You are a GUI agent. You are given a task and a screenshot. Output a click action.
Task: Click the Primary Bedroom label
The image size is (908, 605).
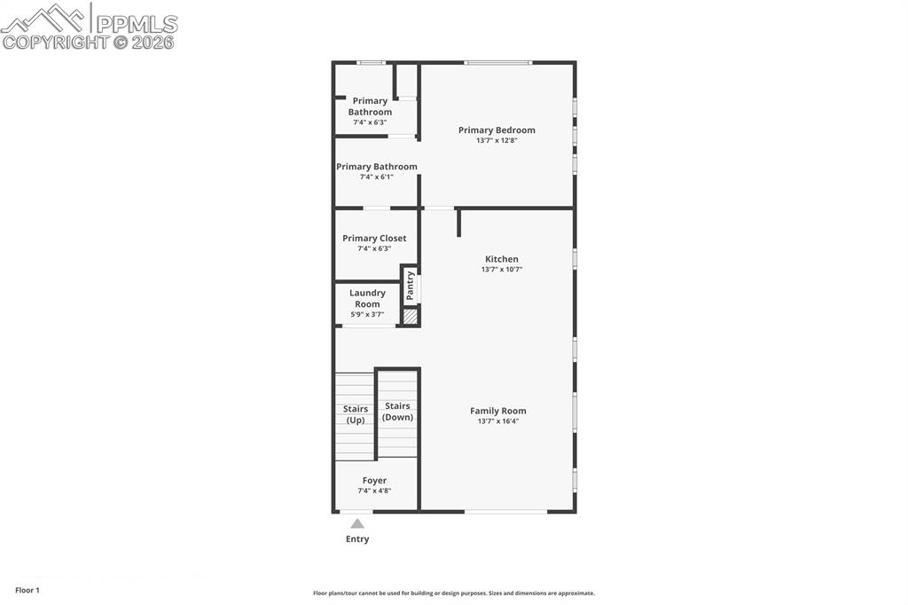tap(497, 130)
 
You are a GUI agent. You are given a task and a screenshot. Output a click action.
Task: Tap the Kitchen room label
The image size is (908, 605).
tap(502, 259)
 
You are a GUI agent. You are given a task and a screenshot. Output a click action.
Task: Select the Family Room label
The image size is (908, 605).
tap(497, 411)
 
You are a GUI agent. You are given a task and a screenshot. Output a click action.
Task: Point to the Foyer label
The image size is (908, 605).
tap(374, 481)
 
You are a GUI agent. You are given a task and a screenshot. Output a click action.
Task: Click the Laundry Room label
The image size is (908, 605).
tap(367, 298)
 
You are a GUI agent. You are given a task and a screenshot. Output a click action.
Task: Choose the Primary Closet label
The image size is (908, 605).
tap(374, 239)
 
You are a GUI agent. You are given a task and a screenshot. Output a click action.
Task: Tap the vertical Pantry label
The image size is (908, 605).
tap(411, 285)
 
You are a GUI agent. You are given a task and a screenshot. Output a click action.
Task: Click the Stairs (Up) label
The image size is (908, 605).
tap(356, 414)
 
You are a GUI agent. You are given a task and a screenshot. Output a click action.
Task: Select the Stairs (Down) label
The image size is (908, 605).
tap(397, 412)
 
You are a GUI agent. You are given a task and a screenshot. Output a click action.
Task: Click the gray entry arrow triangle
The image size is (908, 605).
tap(357, 523)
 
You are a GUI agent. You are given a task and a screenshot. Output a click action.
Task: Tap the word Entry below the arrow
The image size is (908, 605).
tap(357, 539)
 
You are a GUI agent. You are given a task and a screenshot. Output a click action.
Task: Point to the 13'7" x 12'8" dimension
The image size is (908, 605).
tap(497, 140)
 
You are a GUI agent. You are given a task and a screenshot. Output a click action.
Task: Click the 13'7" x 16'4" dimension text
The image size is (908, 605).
tap(497, 421)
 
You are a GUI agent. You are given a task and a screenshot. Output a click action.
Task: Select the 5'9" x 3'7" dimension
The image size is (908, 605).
tap(367, 314)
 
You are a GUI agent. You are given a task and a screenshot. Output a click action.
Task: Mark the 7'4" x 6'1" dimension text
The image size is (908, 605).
tap(376, 177)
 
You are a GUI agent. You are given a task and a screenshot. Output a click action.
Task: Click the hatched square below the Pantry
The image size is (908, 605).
tap(411, 315)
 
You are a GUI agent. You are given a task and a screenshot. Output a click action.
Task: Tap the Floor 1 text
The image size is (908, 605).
tap(27, 590)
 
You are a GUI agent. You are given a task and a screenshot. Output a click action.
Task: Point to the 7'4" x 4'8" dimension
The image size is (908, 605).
tap(374, 491)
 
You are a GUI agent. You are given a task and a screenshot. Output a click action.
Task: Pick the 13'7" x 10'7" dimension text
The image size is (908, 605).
tap(502, 269)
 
